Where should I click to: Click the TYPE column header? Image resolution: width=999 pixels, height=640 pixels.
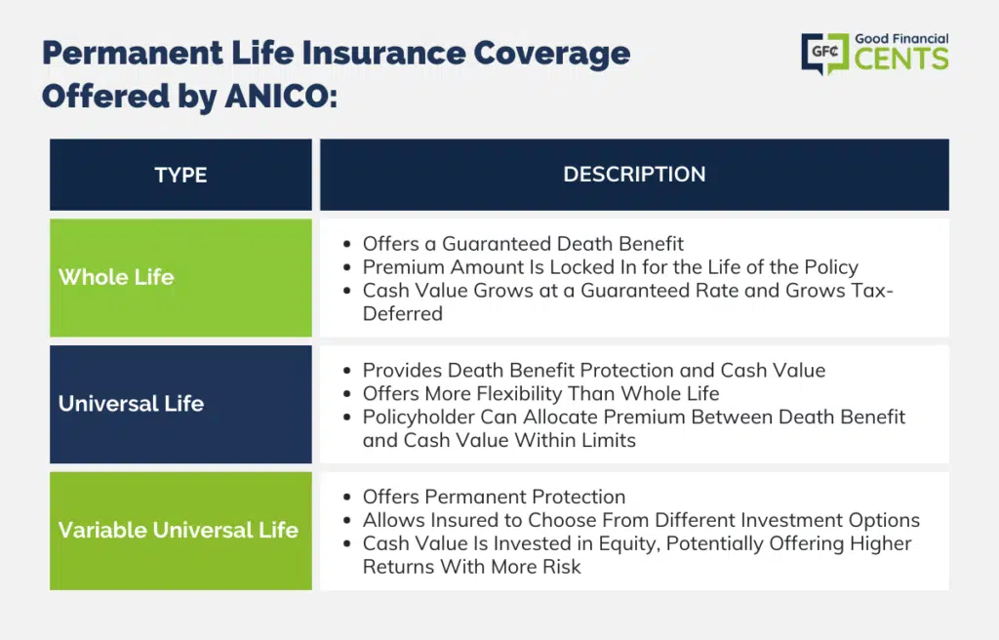(180, 175)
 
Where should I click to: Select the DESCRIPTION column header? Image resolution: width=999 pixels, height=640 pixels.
(634, 174)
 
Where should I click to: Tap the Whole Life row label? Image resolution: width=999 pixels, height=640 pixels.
(116, 277)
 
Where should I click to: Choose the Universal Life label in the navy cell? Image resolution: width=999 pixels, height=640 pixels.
(132, 404)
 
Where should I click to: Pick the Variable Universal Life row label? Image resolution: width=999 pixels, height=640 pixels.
(179, 530)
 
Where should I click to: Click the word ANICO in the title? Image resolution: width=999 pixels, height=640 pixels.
(281, 97)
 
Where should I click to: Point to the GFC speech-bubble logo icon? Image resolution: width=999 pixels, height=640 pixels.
(825, 54)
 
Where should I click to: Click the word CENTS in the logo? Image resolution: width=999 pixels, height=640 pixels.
(901, 60)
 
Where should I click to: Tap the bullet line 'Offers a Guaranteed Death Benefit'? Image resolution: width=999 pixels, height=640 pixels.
(523, 244)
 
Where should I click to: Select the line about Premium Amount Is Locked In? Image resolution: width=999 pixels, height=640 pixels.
(611, 267)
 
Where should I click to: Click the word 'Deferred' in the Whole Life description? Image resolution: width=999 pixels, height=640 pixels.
(403, 313)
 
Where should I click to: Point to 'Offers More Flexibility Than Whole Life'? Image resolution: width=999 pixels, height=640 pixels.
(540, 393)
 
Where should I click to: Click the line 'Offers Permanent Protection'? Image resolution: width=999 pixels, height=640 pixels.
(495, 497)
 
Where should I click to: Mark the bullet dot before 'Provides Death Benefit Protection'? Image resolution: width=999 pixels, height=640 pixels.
(346, 371)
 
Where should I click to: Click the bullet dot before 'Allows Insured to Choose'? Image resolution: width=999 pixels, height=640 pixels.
(346, 520)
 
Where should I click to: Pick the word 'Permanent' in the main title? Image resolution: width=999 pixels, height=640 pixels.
(133, 53)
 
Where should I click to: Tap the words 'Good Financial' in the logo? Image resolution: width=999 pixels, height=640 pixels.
(901, 39)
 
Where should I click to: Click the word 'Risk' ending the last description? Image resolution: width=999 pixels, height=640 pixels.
(561, 567)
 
